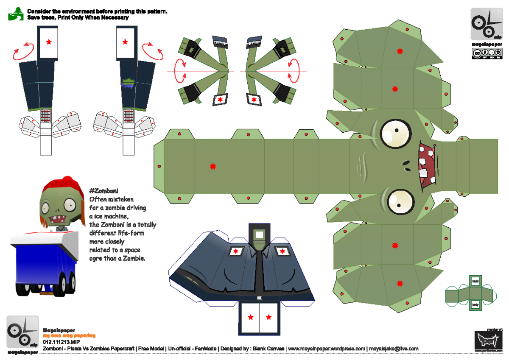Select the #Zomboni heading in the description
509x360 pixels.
[104, 191]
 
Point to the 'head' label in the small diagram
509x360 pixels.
[475, 281]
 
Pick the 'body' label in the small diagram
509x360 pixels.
[475, 304]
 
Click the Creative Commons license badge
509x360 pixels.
[484, 53]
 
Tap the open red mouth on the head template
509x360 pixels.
[426, 166]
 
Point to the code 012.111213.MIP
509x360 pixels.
[62, 341]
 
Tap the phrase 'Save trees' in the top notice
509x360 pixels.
[42, 18]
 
